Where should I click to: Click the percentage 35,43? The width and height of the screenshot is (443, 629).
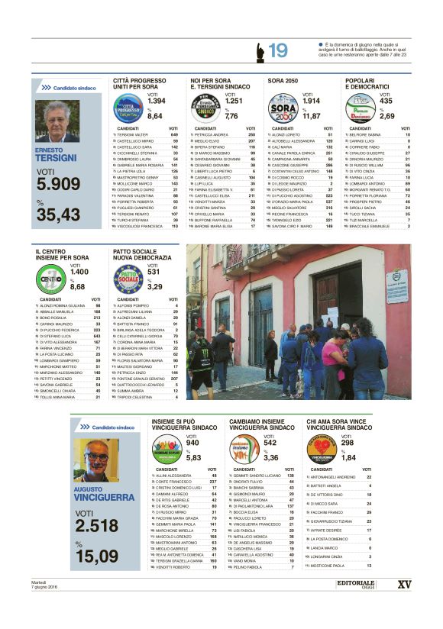pyautogui.click(x=58, y=215)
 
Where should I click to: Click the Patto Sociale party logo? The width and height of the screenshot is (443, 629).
pyautogui.click(x=128, y=280)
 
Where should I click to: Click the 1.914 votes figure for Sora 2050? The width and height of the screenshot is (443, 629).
pyautogui.click(x=311, y=101)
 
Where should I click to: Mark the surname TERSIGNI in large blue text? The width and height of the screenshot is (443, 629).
pyautogui.click(x=57, y=158)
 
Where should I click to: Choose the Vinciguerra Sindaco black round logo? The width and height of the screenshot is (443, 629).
pyautogui.click(x=321, y=450)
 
